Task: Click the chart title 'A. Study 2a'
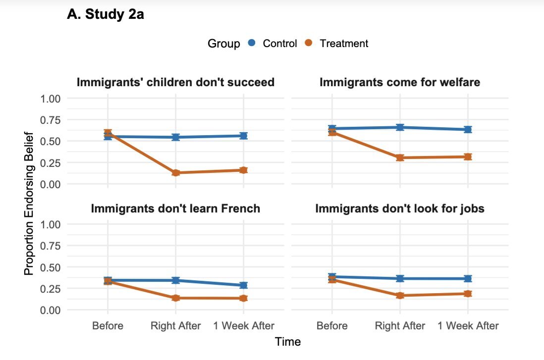(x=105, y=15)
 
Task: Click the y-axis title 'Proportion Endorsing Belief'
(x=29, y=204)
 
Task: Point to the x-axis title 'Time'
(x=288, y=342)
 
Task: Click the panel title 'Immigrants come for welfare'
(x=400, y=82)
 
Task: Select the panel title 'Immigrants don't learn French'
(x=175, y=208)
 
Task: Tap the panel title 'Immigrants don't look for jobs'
(x=400, y=208)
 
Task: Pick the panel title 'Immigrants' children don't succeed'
(x=175, y=82)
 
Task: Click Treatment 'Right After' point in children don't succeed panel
(x=175, y=173)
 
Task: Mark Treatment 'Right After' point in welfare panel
(x=400, y=157)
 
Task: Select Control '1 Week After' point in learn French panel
(x=243, y=285)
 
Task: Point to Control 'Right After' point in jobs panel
(x=400, y=279)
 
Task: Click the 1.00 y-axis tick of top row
(x=49, y=99)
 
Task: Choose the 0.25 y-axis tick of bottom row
(x=49, y=289)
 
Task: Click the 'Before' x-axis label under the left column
(x=108, y=326)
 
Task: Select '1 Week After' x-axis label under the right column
(x=468, y=326)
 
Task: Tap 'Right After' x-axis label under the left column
(x=176, y=326)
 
